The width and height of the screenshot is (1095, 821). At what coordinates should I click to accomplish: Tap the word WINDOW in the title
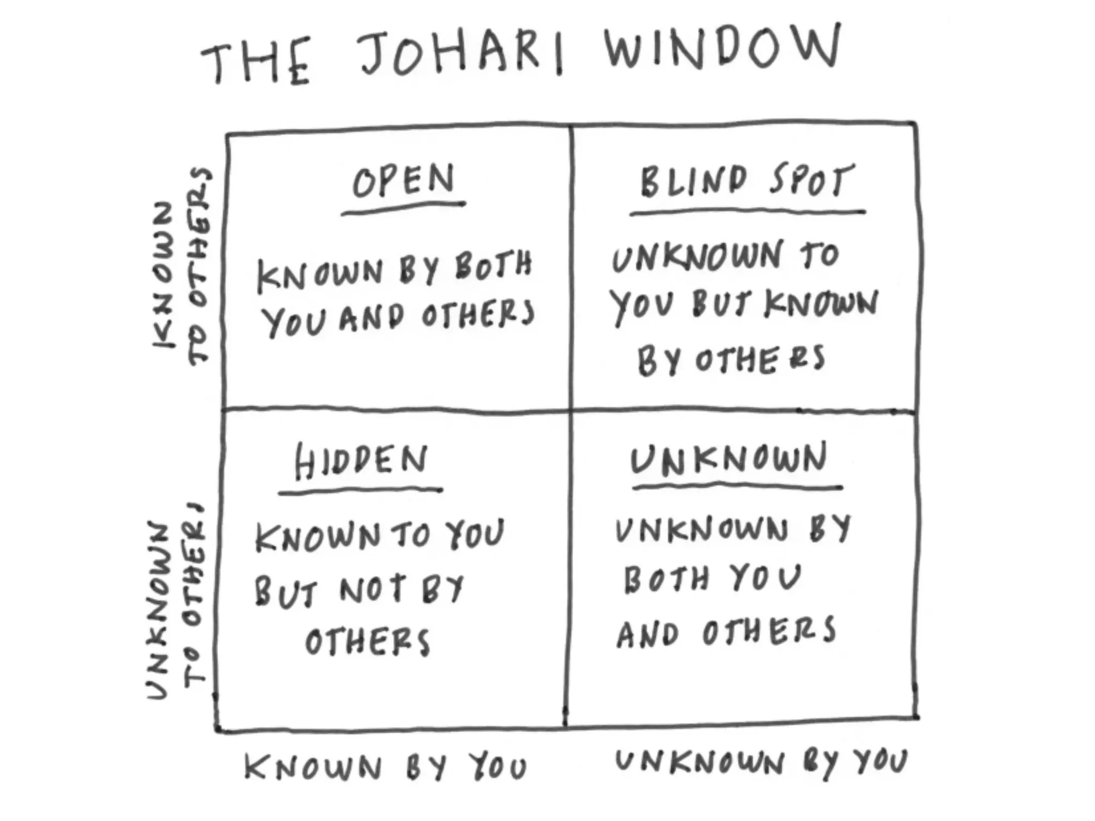722,48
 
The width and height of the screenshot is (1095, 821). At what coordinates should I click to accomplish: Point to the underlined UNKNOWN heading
729,459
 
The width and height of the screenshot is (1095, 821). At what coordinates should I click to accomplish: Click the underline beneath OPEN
403,208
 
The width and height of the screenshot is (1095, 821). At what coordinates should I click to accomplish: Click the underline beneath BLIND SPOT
747,212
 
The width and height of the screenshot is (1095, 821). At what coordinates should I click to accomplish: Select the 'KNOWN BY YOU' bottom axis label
385,768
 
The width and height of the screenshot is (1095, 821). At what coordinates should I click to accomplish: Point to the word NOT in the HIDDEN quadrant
372,590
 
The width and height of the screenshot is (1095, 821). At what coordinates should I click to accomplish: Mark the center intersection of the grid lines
570,410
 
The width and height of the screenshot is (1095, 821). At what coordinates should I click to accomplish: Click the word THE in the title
256,63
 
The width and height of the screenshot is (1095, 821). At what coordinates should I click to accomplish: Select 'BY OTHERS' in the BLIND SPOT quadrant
731,359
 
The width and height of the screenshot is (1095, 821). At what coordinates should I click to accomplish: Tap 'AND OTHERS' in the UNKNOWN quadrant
726,632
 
